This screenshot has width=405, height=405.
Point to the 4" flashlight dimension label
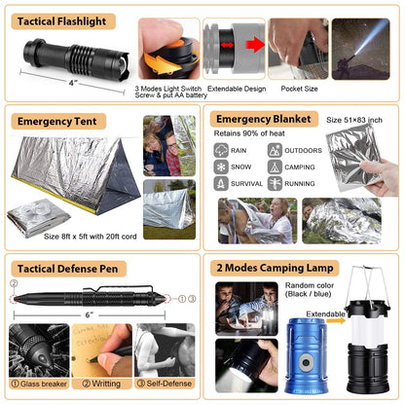(x=73, y=83)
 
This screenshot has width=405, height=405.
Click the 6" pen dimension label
(x=90, y=314)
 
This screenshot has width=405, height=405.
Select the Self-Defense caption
(x=164, y=383)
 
